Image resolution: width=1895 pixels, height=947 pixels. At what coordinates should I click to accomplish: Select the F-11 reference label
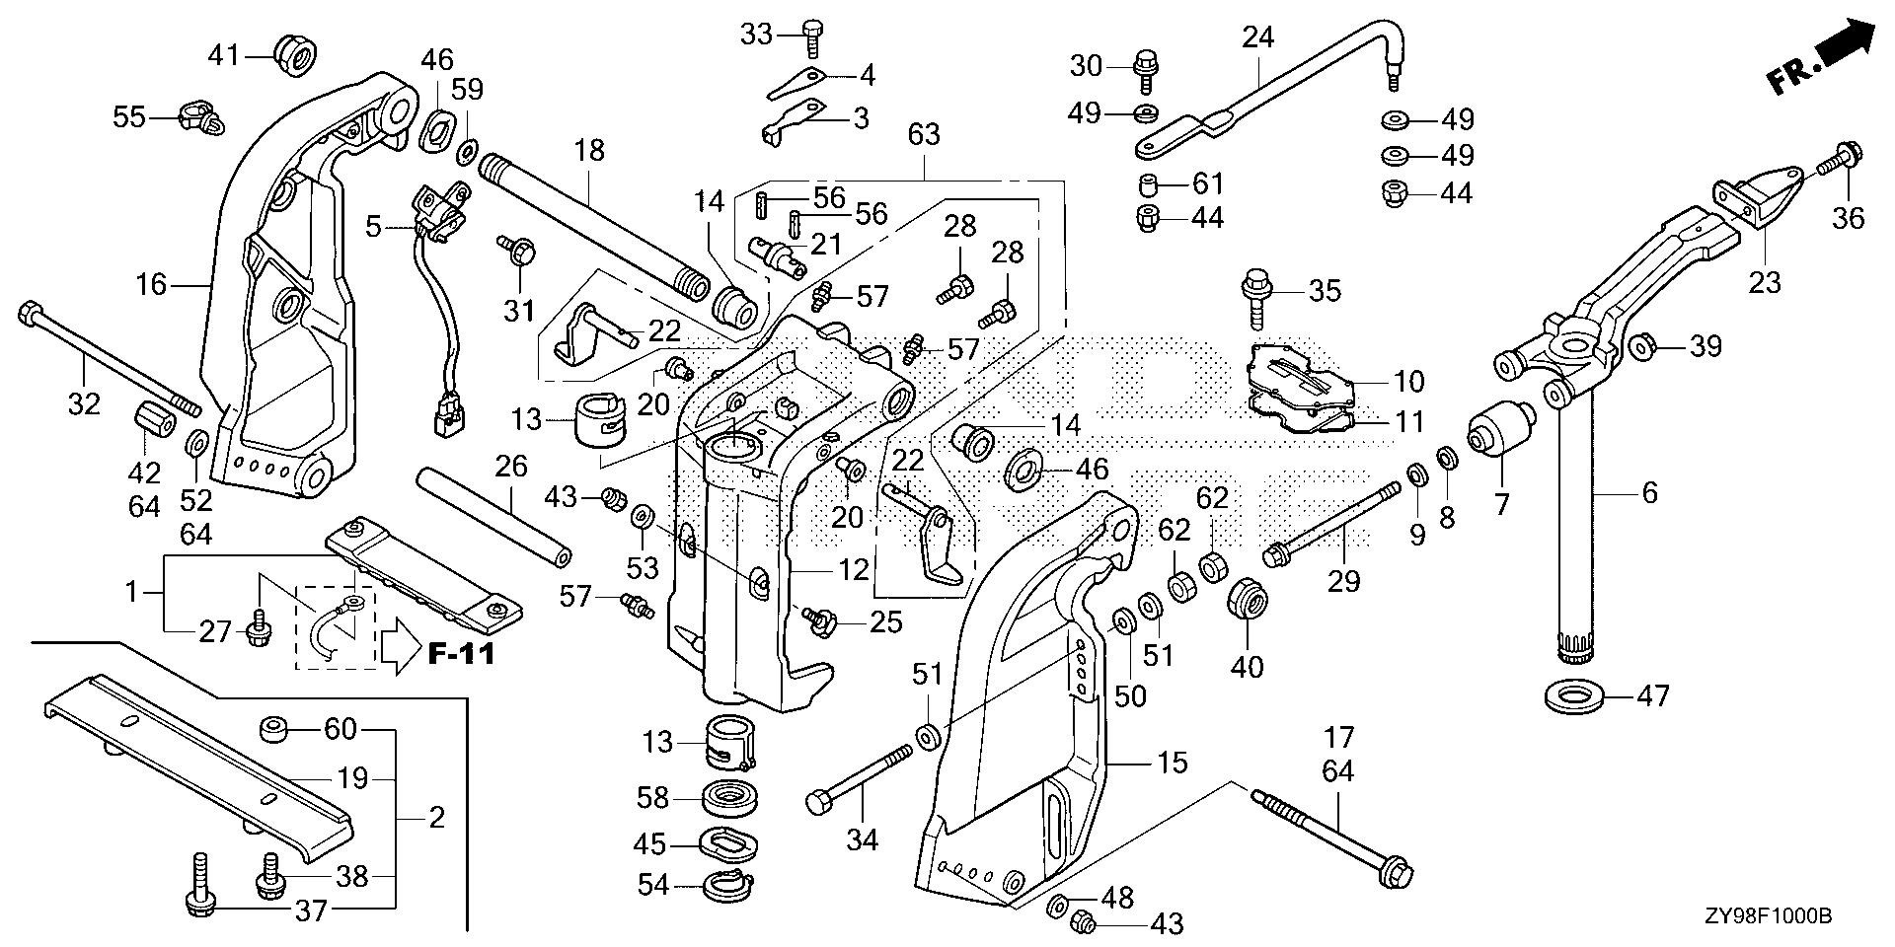click(x=461, y=653)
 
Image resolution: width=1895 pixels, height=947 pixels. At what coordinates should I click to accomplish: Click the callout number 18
click(x=589, y=150)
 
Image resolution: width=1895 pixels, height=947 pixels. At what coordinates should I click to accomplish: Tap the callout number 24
click(x=1258, y=38)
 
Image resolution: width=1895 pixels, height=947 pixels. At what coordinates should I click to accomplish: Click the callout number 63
click(x=924, y=134)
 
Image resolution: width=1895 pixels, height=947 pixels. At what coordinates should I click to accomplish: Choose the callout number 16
click(x=153, y=286)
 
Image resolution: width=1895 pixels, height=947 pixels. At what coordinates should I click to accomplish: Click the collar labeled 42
click(x=153, y=421)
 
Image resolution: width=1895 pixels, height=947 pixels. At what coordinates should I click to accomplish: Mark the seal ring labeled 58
click(x=731, y=797)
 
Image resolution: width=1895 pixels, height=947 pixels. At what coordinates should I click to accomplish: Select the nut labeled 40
click(x=1248, y=602)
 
